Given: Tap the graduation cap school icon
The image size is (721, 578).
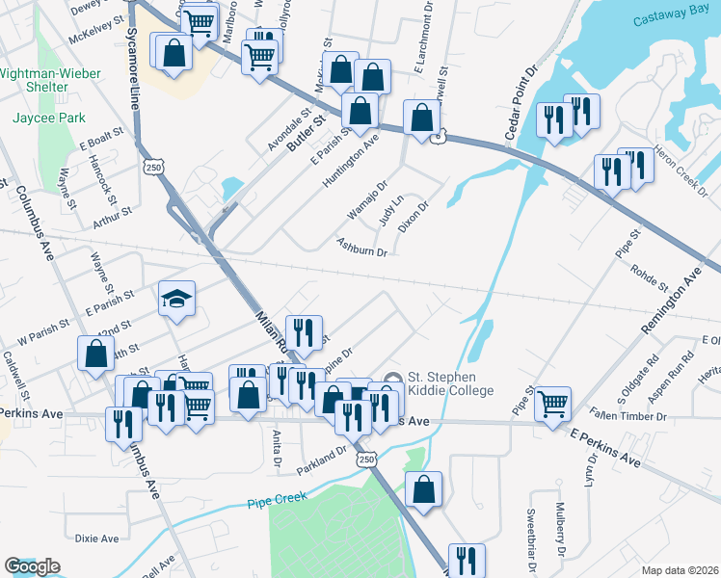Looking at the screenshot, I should click(176, 298).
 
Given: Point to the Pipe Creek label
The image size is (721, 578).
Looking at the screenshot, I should click(277, 499).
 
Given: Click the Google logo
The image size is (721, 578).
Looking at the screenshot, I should click(32, 566).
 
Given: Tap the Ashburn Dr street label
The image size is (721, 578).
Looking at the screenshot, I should click(361, 247).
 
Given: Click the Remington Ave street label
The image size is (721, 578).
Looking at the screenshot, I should click(672, 303).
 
